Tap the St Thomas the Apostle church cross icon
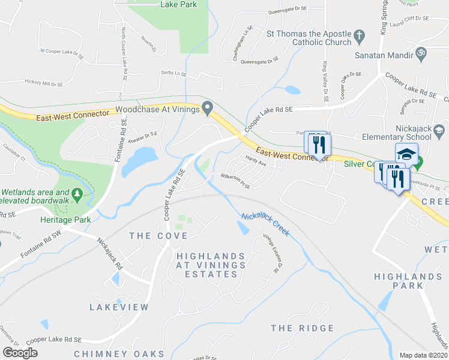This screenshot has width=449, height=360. (360, 37)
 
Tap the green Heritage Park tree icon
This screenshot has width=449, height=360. (77, 194)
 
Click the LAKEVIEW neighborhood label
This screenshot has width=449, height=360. (119, 307)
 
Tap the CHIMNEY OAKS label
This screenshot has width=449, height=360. (119, 353)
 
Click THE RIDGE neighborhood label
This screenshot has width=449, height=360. (302, 328)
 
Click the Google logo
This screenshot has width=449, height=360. (20, 353)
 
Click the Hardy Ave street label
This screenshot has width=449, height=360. (256, 159)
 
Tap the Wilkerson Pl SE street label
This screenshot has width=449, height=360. (235, 181)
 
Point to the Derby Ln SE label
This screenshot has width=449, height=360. (175, 72)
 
